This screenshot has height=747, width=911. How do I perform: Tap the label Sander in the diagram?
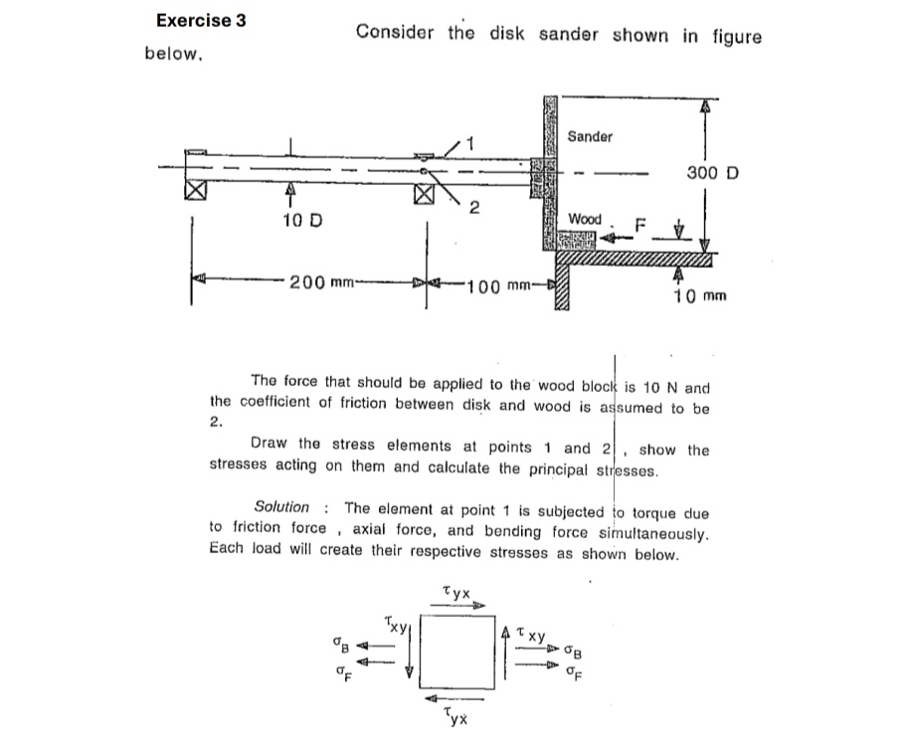point(590,136)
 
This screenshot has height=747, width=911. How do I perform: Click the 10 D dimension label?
point(292,218)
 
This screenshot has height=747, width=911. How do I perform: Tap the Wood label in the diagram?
point(585,218)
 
